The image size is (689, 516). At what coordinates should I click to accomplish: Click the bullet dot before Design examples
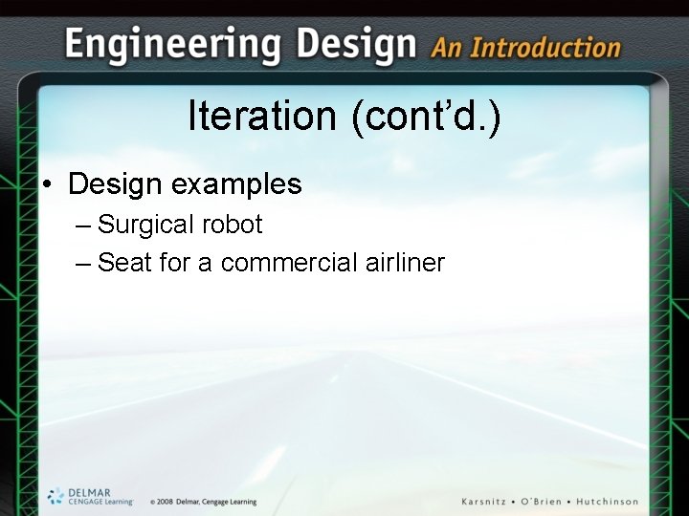pos(47,183)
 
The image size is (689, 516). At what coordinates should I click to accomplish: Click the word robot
pos(232,225)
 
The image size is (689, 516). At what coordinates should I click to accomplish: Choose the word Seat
pos(124,262)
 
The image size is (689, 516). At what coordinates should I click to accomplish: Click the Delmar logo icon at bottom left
pos(56,495)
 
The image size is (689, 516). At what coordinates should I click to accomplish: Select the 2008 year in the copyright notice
pos(165,502)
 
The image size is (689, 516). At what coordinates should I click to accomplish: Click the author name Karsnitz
pos(492,502)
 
